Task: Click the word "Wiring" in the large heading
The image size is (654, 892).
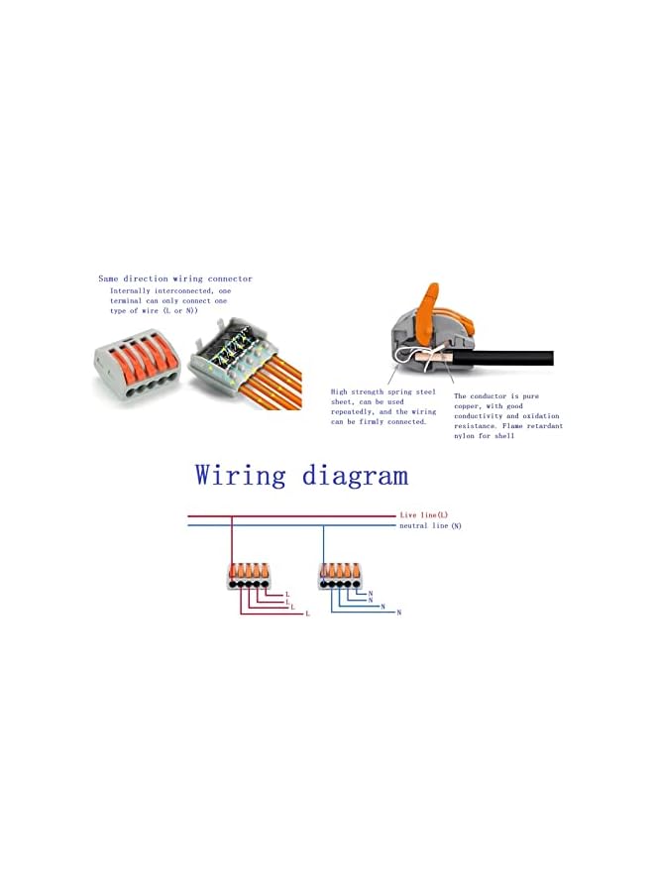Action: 242,475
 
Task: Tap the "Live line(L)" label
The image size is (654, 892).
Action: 424,515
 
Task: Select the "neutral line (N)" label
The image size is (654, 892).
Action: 430,525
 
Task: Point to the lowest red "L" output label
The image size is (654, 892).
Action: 307,614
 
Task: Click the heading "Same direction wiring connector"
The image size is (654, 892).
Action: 175,279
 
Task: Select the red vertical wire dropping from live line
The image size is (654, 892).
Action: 232,540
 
